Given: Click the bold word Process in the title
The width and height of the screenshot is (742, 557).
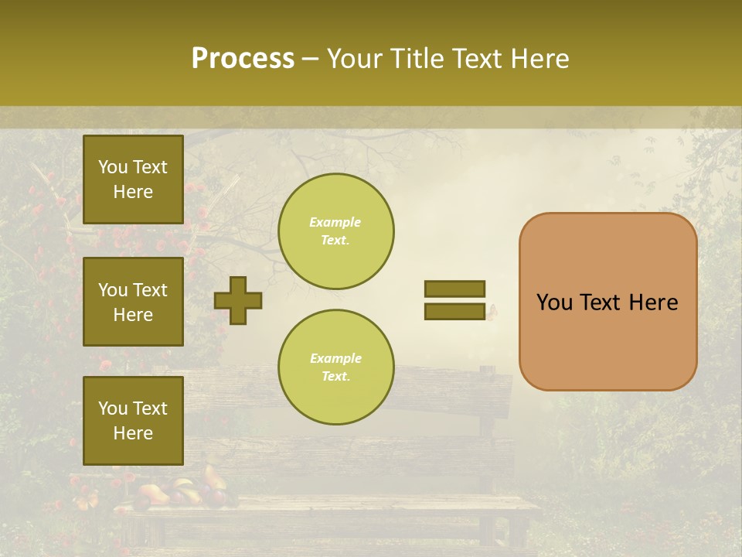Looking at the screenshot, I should pyautogui.click(x=243, y=59).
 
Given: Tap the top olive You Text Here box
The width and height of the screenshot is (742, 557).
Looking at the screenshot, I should pyautogui.click(x=133, y=179).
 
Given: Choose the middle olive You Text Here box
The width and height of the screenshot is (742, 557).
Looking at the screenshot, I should pyautogui.click(x=133, y=302).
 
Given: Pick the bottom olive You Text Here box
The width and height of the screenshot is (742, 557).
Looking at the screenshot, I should pyautogui.click(x=133, y=421).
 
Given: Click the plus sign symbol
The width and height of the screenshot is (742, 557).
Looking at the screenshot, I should pyautogui.click(x=238, y=300).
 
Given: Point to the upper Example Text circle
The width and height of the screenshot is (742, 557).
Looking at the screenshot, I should pyautogui.click(x=335, y=231).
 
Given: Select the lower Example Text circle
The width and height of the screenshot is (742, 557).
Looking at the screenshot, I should pyautogui.click(x=335, y=367).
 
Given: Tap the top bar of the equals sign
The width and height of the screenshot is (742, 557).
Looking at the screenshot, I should pyautogui.click(x=454, y=289).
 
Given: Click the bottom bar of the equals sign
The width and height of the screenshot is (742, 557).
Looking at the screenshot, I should pyautogui.click(x=454, y=311).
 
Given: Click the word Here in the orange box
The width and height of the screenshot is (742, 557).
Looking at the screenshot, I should pyautogui.click(x=653, y=302).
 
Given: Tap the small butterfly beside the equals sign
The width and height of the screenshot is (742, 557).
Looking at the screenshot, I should pyautogui.click(x=492, y=311).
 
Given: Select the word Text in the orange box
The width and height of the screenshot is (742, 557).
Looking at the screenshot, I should pyautogui.click(x=601, y=302).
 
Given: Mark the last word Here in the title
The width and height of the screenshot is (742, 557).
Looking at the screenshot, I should pyautogui.click(x=542, y=59).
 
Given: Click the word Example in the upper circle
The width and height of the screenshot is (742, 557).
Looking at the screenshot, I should pyautogui.click(x=335, y=222).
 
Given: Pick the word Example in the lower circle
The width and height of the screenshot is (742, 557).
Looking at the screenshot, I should pyautogui.click(x=335, y=358).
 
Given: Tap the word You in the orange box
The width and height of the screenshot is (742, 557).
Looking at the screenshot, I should pyautogui.click(x=555, y=302).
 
